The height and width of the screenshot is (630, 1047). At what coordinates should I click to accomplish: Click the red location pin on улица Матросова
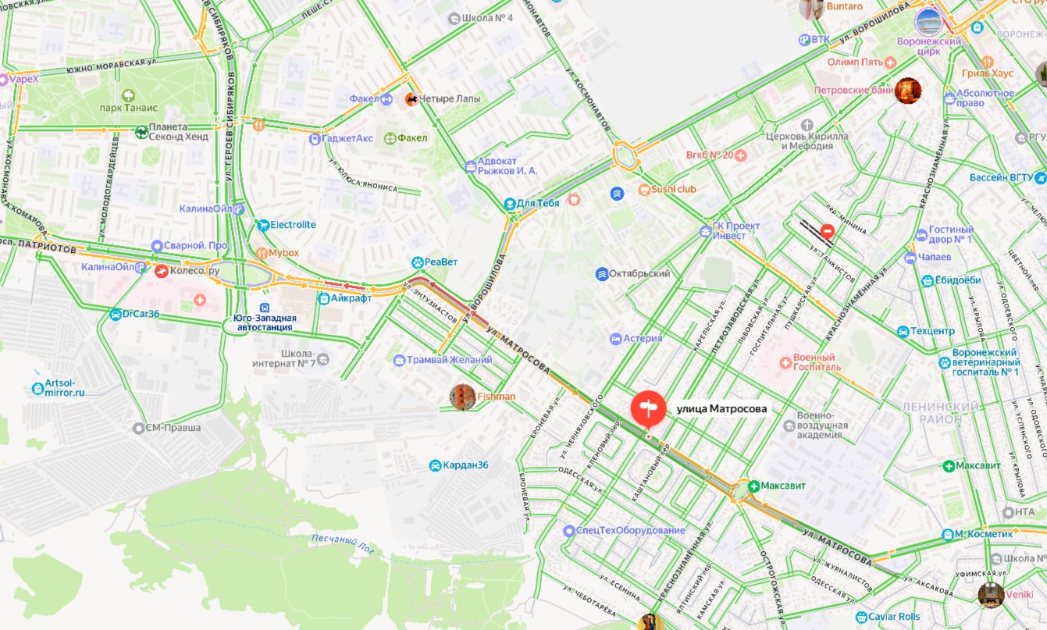pos(648,408)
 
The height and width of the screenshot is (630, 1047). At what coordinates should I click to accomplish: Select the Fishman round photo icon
pos(463,397)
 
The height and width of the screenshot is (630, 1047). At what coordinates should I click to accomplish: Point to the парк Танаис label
pos(129,108)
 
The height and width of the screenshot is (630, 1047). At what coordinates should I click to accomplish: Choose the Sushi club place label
pos(675,189)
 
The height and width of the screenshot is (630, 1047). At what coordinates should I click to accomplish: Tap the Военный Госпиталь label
pos(817,361)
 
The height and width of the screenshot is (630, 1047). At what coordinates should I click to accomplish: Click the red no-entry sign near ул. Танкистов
pos(827,232)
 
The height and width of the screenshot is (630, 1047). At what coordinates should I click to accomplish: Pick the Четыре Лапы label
pos(450,99)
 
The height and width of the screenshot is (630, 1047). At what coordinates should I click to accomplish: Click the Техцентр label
pos(932,331)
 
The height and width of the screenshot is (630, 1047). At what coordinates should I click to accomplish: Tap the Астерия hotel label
pos(642,339)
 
